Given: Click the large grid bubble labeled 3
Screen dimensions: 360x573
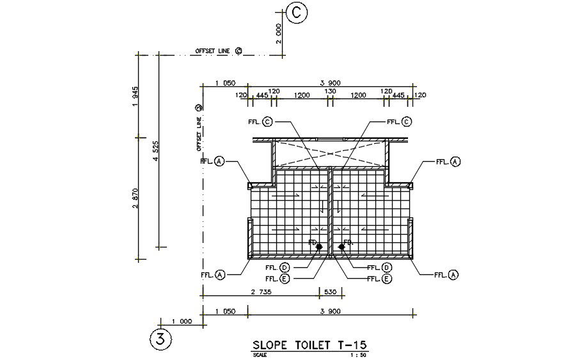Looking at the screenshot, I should pyautogui.click(x=161, y=338).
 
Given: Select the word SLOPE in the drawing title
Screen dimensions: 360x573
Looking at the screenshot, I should pyautogui.click(x=274, y=345).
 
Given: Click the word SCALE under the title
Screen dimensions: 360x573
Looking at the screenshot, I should pyautogui.click(x=260, y=354).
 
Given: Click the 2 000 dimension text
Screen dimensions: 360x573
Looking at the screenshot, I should pyautogui.click(x=278, y=33).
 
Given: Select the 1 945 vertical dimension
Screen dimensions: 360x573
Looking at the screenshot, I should pyautogui.click(x=135, y=97).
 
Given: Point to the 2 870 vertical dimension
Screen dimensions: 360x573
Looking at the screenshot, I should pyautogui.click(x=135, y=198).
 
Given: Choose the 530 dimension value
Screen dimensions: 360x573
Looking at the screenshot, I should pyautogui.click(x=331, y=292).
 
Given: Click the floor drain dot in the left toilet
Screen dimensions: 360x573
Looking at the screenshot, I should pyautogui.click(x=319, y=246).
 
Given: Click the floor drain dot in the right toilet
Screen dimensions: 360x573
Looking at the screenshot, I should pyautogui.click(x=341, y=246).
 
